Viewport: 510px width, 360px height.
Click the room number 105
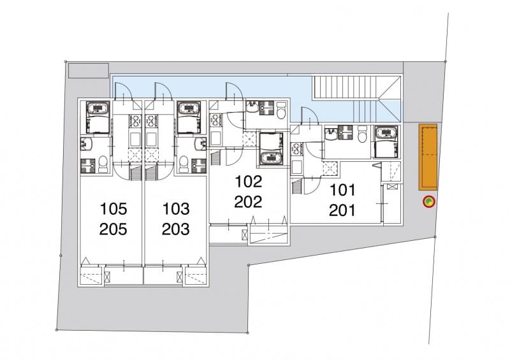tap(113, 209)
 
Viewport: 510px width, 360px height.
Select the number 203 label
tap(176, 229)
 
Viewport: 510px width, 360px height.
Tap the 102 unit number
tap(248, 182)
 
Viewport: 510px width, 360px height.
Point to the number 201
tap(342, 210)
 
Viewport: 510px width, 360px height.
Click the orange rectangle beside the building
tap(428, 157)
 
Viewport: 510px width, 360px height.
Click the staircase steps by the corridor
tap(345, 87)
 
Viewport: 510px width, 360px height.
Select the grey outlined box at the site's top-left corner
tap(88, 71)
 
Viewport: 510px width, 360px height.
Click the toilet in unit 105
tap(103, 164)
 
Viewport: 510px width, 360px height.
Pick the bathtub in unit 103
tap(189, 117)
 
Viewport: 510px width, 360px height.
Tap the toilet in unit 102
tap(280, 110)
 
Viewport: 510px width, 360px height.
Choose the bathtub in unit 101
tap(386, 141)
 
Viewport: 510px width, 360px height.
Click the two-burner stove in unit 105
tap(135, 120)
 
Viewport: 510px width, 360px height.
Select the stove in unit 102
tap(215, 121)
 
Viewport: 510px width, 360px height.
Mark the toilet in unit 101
tap(362, 134)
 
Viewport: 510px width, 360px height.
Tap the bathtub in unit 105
tap(98, 117)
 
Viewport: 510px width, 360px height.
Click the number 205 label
tap(113, 229)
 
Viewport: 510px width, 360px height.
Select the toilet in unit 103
tap(184, 164)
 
